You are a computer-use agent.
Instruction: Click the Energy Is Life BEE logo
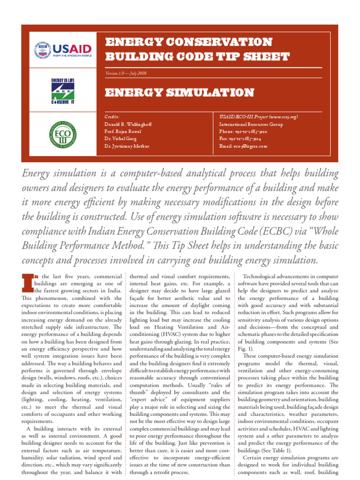[63, 91]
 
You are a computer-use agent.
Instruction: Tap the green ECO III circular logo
[63, 133]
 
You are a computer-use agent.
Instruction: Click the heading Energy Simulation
[179, 92]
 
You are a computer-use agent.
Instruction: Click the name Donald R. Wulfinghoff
[128, 124]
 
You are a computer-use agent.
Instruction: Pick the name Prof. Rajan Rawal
[123, 132]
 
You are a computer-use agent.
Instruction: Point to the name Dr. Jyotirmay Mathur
[127, 147]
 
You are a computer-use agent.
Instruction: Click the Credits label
[112, 117]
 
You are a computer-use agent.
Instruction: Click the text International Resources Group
[251, 124]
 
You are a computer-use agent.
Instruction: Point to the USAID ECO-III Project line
[259, 117]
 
